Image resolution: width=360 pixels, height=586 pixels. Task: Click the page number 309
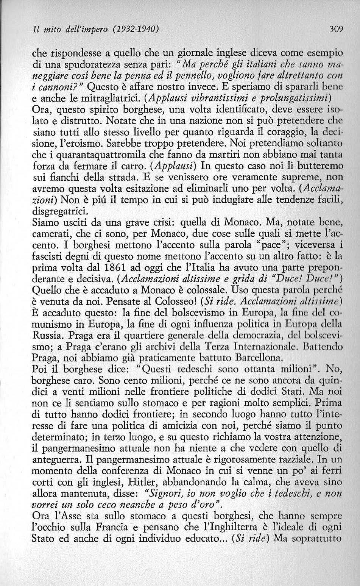tap(335, 28)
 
